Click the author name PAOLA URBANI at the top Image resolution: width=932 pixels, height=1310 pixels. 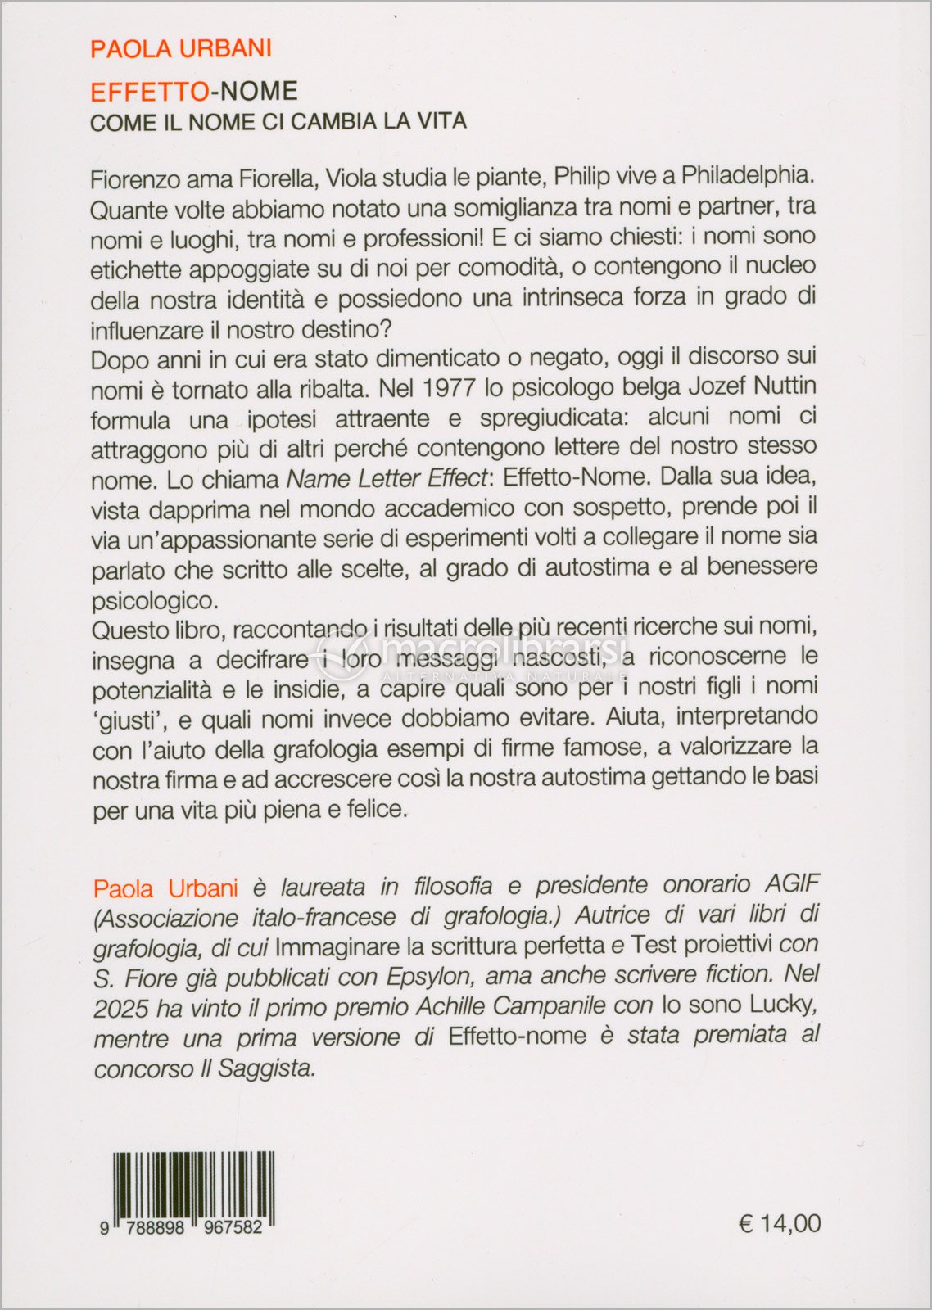click(181, 49)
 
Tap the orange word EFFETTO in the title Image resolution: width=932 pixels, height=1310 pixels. click(149, 91)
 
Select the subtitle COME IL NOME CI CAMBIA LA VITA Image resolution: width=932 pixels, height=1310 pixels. click(278, 122)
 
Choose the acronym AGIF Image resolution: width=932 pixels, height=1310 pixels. click(792, 884)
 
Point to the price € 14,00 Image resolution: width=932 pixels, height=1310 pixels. click(779, 1223)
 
